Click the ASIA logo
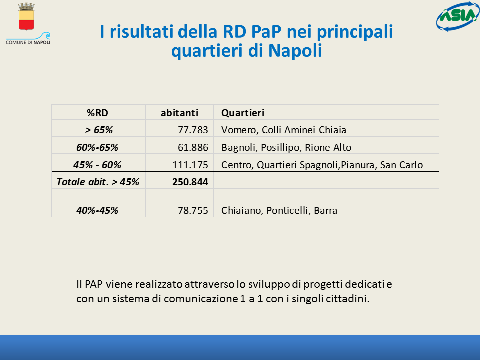click(x=458, y=16)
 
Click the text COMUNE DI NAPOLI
click(x=28, y=42)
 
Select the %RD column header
click(x=97, y=113)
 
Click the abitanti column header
click(x=179, y=113)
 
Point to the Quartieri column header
click(x=243, y=113)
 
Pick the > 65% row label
click(x=99, y=130)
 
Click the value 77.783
click(x=193, y=130)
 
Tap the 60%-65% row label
click(x=97, y=147)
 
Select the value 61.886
click(x=193, y=147)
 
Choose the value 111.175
click(x=190, y=165)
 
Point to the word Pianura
click(x=358, y=165)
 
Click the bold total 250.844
click(x=190, y=182)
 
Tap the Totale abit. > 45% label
click(x=98, y=182)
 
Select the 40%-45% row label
click(x=97, y=210)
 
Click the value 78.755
click(x=193, y=210)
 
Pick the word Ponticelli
click(x=288, y=210)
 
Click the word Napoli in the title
click(x=295, y=51)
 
